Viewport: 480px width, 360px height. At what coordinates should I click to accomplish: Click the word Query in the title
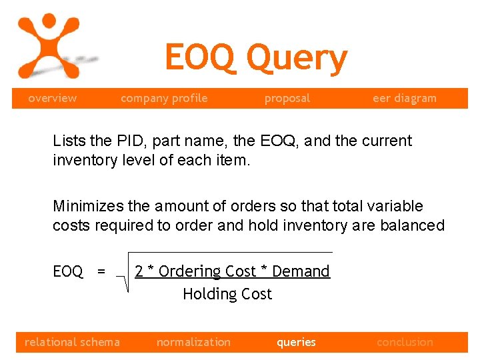pyautogui.click(x=297, y=59)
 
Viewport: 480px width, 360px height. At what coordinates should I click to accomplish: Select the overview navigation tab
pyautogui.click(x=52, y=98)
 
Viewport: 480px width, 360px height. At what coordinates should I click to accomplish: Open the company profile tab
pyautogui.click(x=164, y=98)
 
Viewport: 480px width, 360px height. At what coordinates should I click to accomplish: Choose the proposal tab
pyautogui.click(x=287, y=98)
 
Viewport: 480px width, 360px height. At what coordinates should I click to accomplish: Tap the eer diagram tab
pyautogui.click(x=405, y=98)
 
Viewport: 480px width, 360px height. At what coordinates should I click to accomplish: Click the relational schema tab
pyautogui.click(x=72, y=342)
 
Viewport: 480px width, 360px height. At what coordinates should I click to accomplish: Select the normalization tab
pyautogui.click(x=193, y=342)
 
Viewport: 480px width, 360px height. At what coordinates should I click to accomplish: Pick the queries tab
pyautogui.click(x=296, y=342)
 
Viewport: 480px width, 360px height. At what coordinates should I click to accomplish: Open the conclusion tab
pyautogui.click(x=405, y=342)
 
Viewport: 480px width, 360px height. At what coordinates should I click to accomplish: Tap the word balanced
pyautogui.click(x=412, y=225)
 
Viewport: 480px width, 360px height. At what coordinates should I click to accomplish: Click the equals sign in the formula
pyautogui.click(x=101, y=271)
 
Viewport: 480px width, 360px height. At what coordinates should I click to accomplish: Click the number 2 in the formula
pyautogui.click(x=139, y=271)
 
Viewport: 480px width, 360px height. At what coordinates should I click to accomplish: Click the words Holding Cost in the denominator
pyautogui.click(x=227, y=294)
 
